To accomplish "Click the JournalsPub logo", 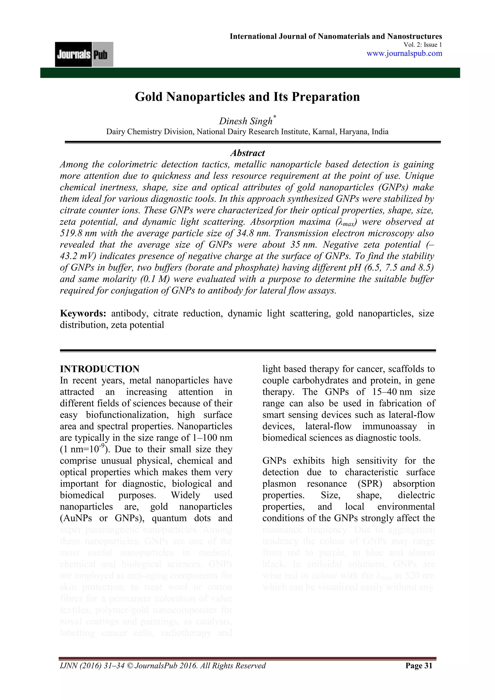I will pyautogui.click(x=84, y=54).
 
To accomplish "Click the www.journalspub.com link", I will pyautogui.click(x=404, y=53).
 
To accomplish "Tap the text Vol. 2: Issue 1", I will pyautogui.click(x=422, y=45).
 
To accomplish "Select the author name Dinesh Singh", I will pyautogui.click(x=245, y=121).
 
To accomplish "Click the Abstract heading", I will pyautogui.click(x=247, y=153).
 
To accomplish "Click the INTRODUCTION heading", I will pyautogui.click(x=100, y=369).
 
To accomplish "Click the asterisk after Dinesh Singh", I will pyautogui.click(x=275, y=117).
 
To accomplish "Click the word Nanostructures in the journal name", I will pyautogui.click(x=414, y=36).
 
